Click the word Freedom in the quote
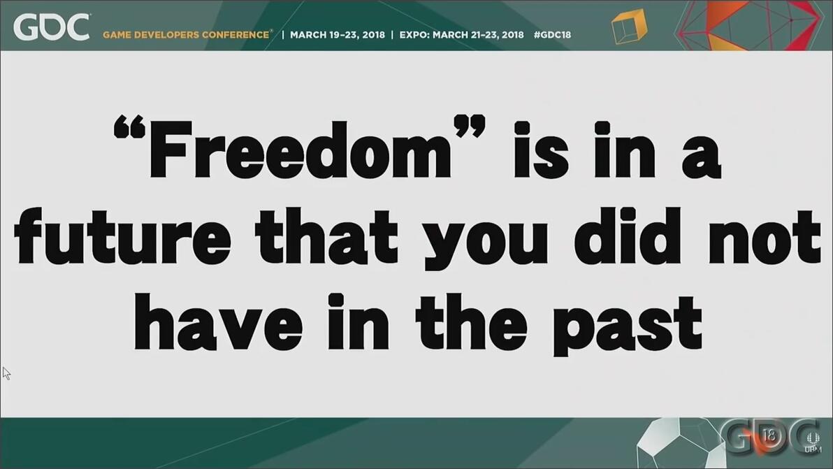(x=300, y=150)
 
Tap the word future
(x=123, y=237)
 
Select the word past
(x=628, y=324)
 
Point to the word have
(x=218, y=321)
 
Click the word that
(x=326, y=237)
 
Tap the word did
(x=627, y=237)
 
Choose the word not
(x=765, y=238)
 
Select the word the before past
(x=471, y=321)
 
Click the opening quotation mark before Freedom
(x=129, y=127)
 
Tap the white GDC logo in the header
(x=52, y=27)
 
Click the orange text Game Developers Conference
(x=187, y=35)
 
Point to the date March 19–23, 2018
(x=338, y=35)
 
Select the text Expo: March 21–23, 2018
(x=461, y=35)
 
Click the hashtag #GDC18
(x=552, y=35)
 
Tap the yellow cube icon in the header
(x=629, y=26)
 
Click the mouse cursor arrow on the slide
(x=6, y=373)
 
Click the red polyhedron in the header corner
(x=749, y=25)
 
